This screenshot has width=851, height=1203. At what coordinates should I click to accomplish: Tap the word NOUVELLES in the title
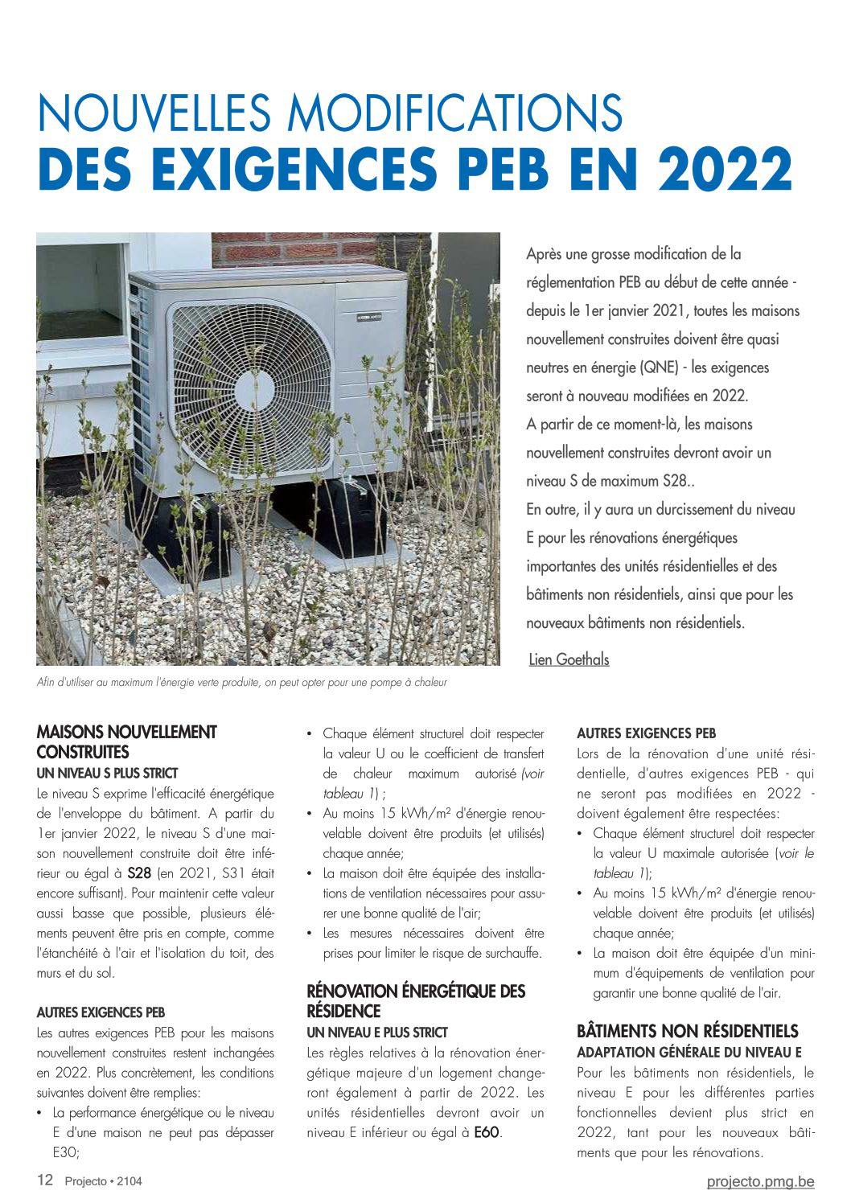142,113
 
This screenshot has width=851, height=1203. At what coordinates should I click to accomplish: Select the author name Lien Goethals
569,659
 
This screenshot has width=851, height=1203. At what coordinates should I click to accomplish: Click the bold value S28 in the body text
139,873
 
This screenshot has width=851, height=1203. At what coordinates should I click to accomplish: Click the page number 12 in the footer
45,1180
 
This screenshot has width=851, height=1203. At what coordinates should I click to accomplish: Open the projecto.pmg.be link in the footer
760,1181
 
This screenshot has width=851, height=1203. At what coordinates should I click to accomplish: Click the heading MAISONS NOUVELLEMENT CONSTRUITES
126,741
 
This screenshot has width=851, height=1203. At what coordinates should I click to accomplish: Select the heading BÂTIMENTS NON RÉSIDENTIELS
687,1031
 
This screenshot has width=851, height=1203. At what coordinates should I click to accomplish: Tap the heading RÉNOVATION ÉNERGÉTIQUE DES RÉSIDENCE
416,1000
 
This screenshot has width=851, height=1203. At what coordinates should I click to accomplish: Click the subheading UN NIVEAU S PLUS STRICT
107,774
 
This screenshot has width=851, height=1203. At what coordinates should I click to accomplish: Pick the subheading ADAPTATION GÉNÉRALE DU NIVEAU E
689,1052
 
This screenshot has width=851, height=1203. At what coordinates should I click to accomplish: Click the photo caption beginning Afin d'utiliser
241,683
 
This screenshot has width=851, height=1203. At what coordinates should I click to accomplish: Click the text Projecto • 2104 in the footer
104,1181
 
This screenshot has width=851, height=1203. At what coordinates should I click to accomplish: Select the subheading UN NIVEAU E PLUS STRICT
377,1033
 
